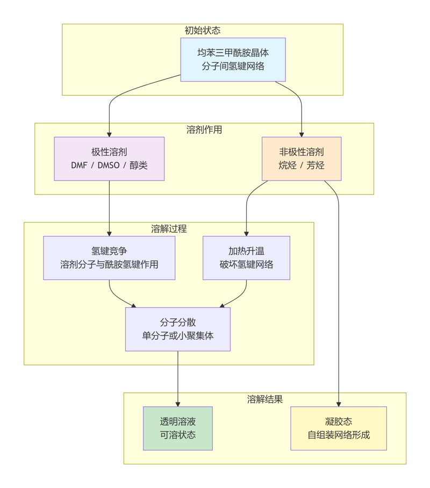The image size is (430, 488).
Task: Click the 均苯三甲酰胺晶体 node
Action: coord(233,60)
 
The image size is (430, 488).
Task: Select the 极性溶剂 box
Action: coord(109,159)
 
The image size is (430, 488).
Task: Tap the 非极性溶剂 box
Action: coord(302,159)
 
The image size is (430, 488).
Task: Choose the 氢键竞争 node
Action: coord(109,258)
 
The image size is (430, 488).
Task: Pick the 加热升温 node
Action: coord(246,258)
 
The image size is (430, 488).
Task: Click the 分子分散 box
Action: coord(178,329)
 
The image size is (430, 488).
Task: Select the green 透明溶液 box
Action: coord(178,428)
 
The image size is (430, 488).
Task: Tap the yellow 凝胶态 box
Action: coord(339,428)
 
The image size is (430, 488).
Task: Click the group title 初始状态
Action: coord(203,31)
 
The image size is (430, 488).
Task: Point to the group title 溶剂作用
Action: coord(204,130)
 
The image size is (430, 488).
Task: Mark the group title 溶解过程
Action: coord(169,229)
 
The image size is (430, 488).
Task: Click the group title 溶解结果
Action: coord(265,399)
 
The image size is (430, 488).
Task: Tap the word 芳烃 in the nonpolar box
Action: coord(316,166)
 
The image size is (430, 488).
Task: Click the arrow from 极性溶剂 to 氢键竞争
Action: coord(109,207)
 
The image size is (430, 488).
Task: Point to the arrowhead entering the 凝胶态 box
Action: coord(339,404)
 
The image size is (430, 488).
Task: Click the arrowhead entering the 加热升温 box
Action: coord(246,233)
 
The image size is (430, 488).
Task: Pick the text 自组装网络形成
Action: coord(339,435)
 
